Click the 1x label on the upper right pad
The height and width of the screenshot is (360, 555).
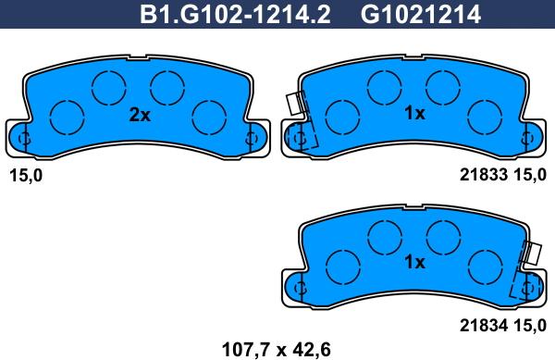414,115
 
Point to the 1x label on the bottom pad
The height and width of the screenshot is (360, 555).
414,262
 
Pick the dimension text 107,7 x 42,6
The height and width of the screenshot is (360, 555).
276,349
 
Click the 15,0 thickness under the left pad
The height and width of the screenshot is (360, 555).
25,175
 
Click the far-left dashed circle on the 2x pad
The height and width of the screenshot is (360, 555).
66,116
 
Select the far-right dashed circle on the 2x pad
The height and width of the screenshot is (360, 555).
209,116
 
